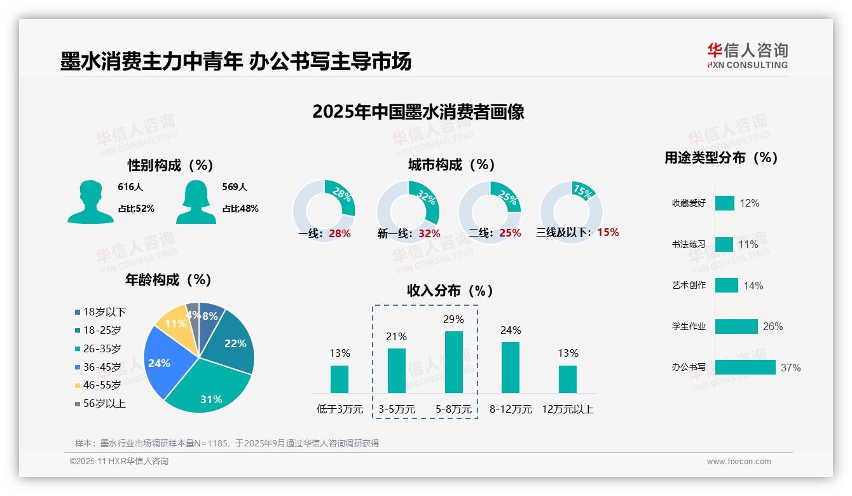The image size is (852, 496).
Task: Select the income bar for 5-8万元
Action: pos(454,362)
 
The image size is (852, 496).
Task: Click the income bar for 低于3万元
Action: pos(340,379)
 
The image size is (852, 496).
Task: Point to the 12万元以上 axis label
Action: pos(567,410)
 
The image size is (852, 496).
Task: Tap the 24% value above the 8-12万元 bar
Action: pos(511,330)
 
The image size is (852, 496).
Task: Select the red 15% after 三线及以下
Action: pos(608,232)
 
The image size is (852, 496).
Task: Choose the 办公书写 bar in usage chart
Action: pos(745,367)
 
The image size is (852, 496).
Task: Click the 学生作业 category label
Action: pos(689,326)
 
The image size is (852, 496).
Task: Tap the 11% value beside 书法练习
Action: pos(748,244)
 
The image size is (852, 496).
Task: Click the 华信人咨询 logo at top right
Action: pos(747,56)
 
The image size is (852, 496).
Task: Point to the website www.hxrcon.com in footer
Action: pos(738,462)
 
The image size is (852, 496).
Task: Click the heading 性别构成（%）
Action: pos(170,165)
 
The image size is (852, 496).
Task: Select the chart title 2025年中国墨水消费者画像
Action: pos(418,112)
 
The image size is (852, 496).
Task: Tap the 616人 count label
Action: pos(130,187)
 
